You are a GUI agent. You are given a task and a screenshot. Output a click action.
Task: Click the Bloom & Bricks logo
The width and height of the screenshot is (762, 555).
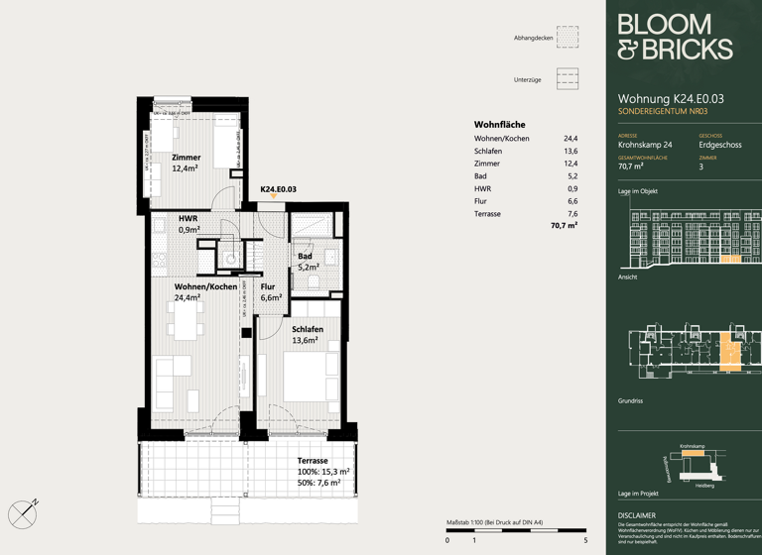(x=674, y=38)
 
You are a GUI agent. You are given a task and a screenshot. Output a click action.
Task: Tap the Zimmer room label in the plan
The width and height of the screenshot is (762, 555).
(x=186, y=158)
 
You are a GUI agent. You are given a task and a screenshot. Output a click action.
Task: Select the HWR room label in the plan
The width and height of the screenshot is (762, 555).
(x=189, y=219)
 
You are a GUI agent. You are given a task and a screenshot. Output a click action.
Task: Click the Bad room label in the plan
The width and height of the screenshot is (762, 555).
(x=305, y=257)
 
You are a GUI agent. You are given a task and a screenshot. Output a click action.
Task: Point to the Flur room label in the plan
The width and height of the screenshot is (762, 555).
(x=268, y=287)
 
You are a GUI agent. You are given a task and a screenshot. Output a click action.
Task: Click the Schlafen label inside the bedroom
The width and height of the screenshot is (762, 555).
(x=308, y=329)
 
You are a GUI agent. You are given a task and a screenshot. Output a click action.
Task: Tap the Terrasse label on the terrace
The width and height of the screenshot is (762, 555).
(x=314, y=461)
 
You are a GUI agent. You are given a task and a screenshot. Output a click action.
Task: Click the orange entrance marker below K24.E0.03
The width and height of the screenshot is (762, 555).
(x=274, y=197)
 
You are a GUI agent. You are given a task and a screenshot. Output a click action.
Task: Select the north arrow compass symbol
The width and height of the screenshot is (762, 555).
(x=23, y=513)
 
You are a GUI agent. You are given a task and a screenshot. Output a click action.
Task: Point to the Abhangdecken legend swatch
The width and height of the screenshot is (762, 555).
(x=567, y=38)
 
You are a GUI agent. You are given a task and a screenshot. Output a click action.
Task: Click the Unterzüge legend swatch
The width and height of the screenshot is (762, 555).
(x=567, y=79)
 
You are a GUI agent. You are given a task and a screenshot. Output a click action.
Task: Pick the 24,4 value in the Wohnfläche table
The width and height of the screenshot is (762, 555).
(x=571, y=139)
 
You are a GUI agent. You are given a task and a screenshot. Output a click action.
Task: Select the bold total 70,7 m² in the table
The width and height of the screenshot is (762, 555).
(x=564, y=226)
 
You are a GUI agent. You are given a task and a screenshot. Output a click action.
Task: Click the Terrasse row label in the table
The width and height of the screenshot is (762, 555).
(x=487, y=214)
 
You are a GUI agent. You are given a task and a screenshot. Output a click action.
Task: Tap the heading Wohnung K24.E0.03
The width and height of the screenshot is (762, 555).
(x=671, y=99)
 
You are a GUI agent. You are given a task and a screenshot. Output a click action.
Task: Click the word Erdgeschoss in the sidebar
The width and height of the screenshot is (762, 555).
(x=719, y=145)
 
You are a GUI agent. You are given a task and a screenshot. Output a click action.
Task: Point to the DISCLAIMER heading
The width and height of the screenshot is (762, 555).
(x=636, y=515)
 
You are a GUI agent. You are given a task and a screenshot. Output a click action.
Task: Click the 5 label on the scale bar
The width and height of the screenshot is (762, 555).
(x=585, y=540)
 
